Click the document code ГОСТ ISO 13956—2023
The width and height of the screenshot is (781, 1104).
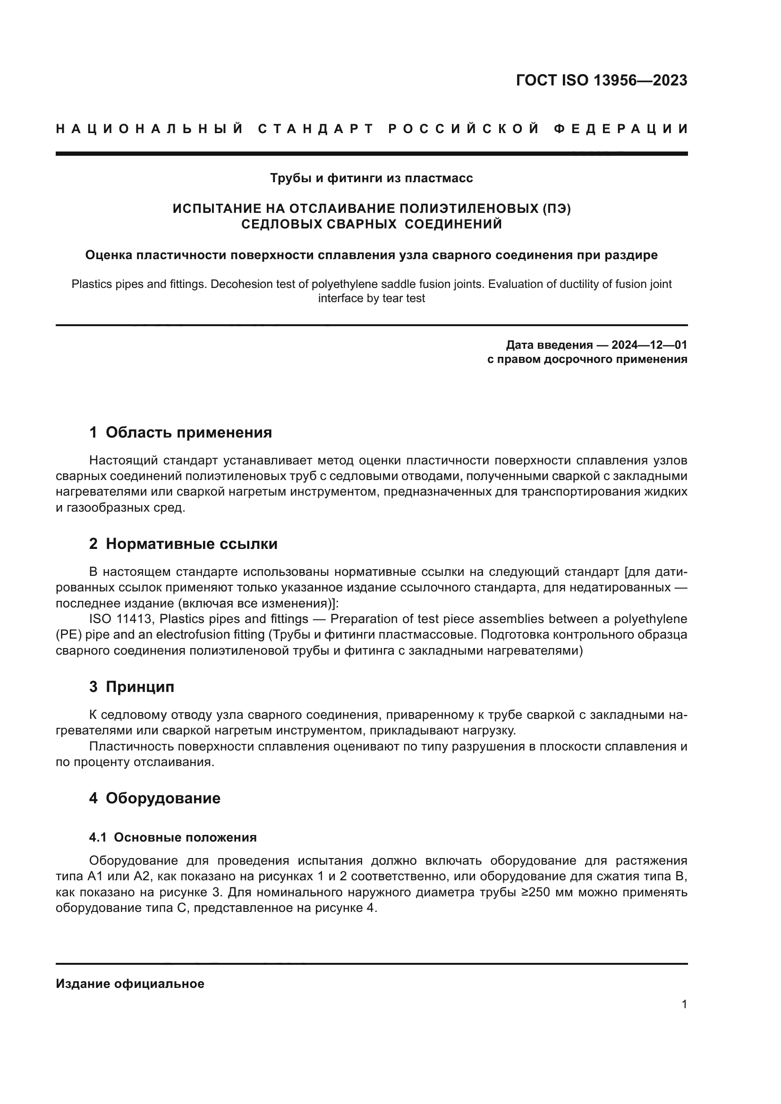pos(601,80)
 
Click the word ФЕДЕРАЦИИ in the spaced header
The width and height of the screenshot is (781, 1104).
pos(621,129)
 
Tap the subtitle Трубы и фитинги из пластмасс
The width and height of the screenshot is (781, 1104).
pos(371,178)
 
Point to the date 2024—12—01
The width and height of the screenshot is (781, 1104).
pos(649,345)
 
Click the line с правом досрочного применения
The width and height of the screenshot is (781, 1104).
pos(587,359)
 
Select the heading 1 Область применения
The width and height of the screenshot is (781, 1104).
pos(180,432)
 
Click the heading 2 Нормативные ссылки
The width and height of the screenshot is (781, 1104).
pos(183,544)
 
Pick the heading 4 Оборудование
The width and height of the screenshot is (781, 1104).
pos(154,798)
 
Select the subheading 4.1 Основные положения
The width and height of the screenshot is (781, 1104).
pos(173,837)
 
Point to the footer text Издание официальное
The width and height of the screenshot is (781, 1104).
pos(130,984)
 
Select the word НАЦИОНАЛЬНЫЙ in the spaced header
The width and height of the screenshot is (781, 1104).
pos(150,129)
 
